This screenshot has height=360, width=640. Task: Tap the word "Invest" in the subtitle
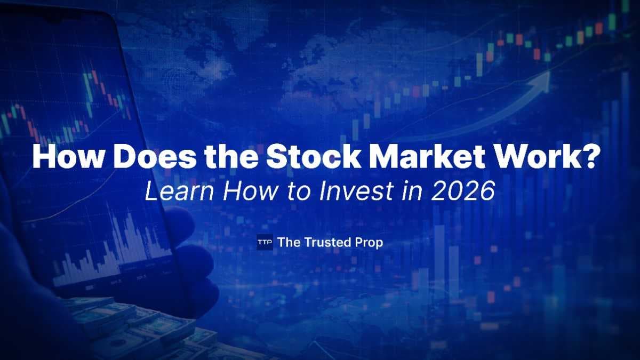(x=364, y=191)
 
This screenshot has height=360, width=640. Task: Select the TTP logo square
(x=265, y=242)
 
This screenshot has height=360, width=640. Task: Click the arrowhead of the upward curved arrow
(x=542, y=78)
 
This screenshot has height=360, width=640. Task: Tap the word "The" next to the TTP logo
(x=289, y=242)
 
